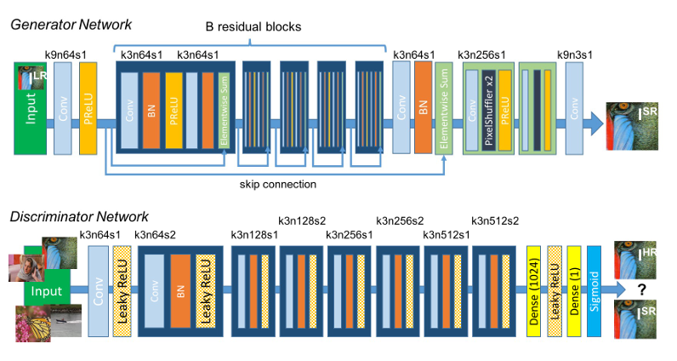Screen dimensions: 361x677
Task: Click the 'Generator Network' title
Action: (71, 23)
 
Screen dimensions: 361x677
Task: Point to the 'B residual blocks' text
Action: (254, 26)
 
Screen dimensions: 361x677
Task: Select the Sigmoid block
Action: (595, 289)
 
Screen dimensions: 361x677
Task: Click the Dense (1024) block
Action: (535, 289)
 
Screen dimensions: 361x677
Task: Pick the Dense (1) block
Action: (574, 289)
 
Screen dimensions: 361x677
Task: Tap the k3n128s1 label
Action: (255, 234)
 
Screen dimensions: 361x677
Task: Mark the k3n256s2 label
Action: (400, 221)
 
